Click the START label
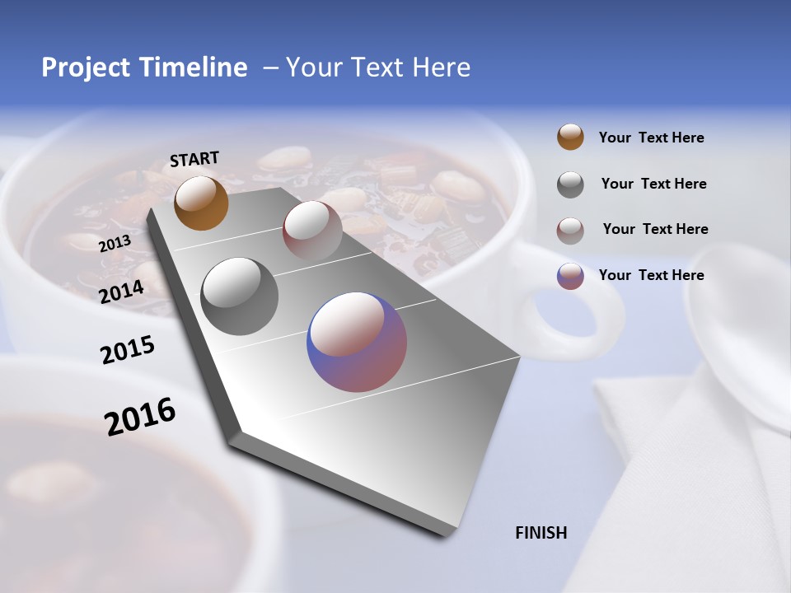click(194, 159)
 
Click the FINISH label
click(541, 533)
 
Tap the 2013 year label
click(115, 243)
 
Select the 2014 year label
click(121, 292)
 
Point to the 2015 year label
click(127, 351)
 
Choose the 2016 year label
click(140, 417)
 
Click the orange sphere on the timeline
click(201, 203)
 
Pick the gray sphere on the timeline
click(239, 296)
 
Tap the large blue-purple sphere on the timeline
click(357, 342)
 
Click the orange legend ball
click(570, 137)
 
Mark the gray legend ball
click(570, 184)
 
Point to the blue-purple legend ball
click(570, 276)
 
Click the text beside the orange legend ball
click(651, 138)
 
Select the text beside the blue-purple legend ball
click(651, 275)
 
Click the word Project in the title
click(87, 68)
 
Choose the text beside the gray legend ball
click(653, 184)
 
